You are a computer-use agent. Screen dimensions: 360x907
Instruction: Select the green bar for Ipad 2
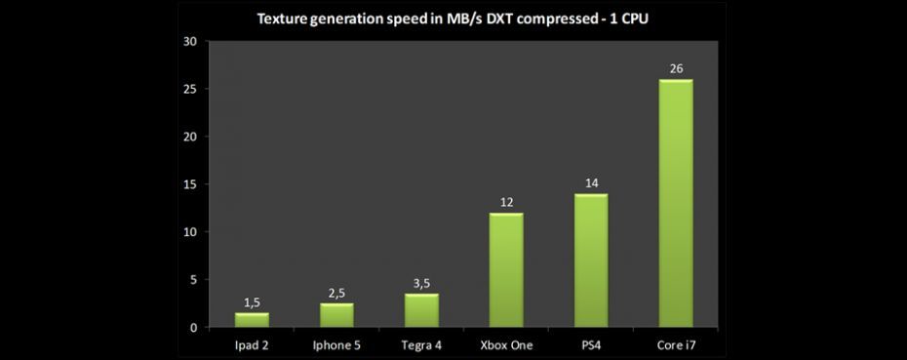coord(252,320)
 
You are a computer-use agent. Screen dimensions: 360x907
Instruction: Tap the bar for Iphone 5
coord(336,315)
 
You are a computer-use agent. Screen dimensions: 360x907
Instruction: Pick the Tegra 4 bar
coord(421,310)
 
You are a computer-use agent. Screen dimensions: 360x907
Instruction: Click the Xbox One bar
coord(506,270)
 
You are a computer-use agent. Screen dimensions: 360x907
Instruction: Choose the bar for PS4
coord(591,260)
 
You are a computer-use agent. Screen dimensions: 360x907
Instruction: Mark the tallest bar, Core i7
coord(676,203)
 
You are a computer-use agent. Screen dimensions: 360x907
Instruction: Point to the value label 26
coord(676,68)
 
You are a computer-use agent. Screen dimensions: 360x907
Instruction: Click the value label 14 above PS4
coord(591,182)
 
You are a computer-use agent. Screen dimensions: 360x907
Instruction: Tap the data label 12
coord(506,202)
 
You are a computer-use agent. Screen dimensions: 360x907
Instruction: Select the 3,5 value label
coord(421,283)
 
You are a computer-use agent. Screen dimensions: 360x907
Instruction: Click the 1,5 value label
coord(252,301)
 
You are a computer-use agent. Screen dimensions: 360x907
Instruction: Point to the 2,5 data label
coord(336,293)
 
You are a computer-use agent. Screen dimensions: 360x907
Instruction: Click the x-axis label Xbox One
coord(506,344)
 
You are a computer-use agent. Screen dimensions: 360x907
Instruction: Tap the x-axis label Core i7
coord(676,344)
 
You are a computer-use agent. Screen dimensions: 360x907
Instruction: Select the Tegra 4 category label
coord(421,344)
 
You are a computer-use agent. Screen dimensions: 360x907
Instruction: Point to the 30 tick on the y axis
coord(189,41)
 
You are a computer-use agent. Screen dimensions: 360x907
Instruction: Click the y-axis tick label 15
coord(189,184)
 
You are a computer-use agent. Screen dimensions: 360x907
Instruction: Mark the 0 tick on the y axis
coord(193,328)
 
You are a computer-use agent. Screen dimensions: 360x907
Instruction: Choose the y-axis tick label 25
coord(189,89)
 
